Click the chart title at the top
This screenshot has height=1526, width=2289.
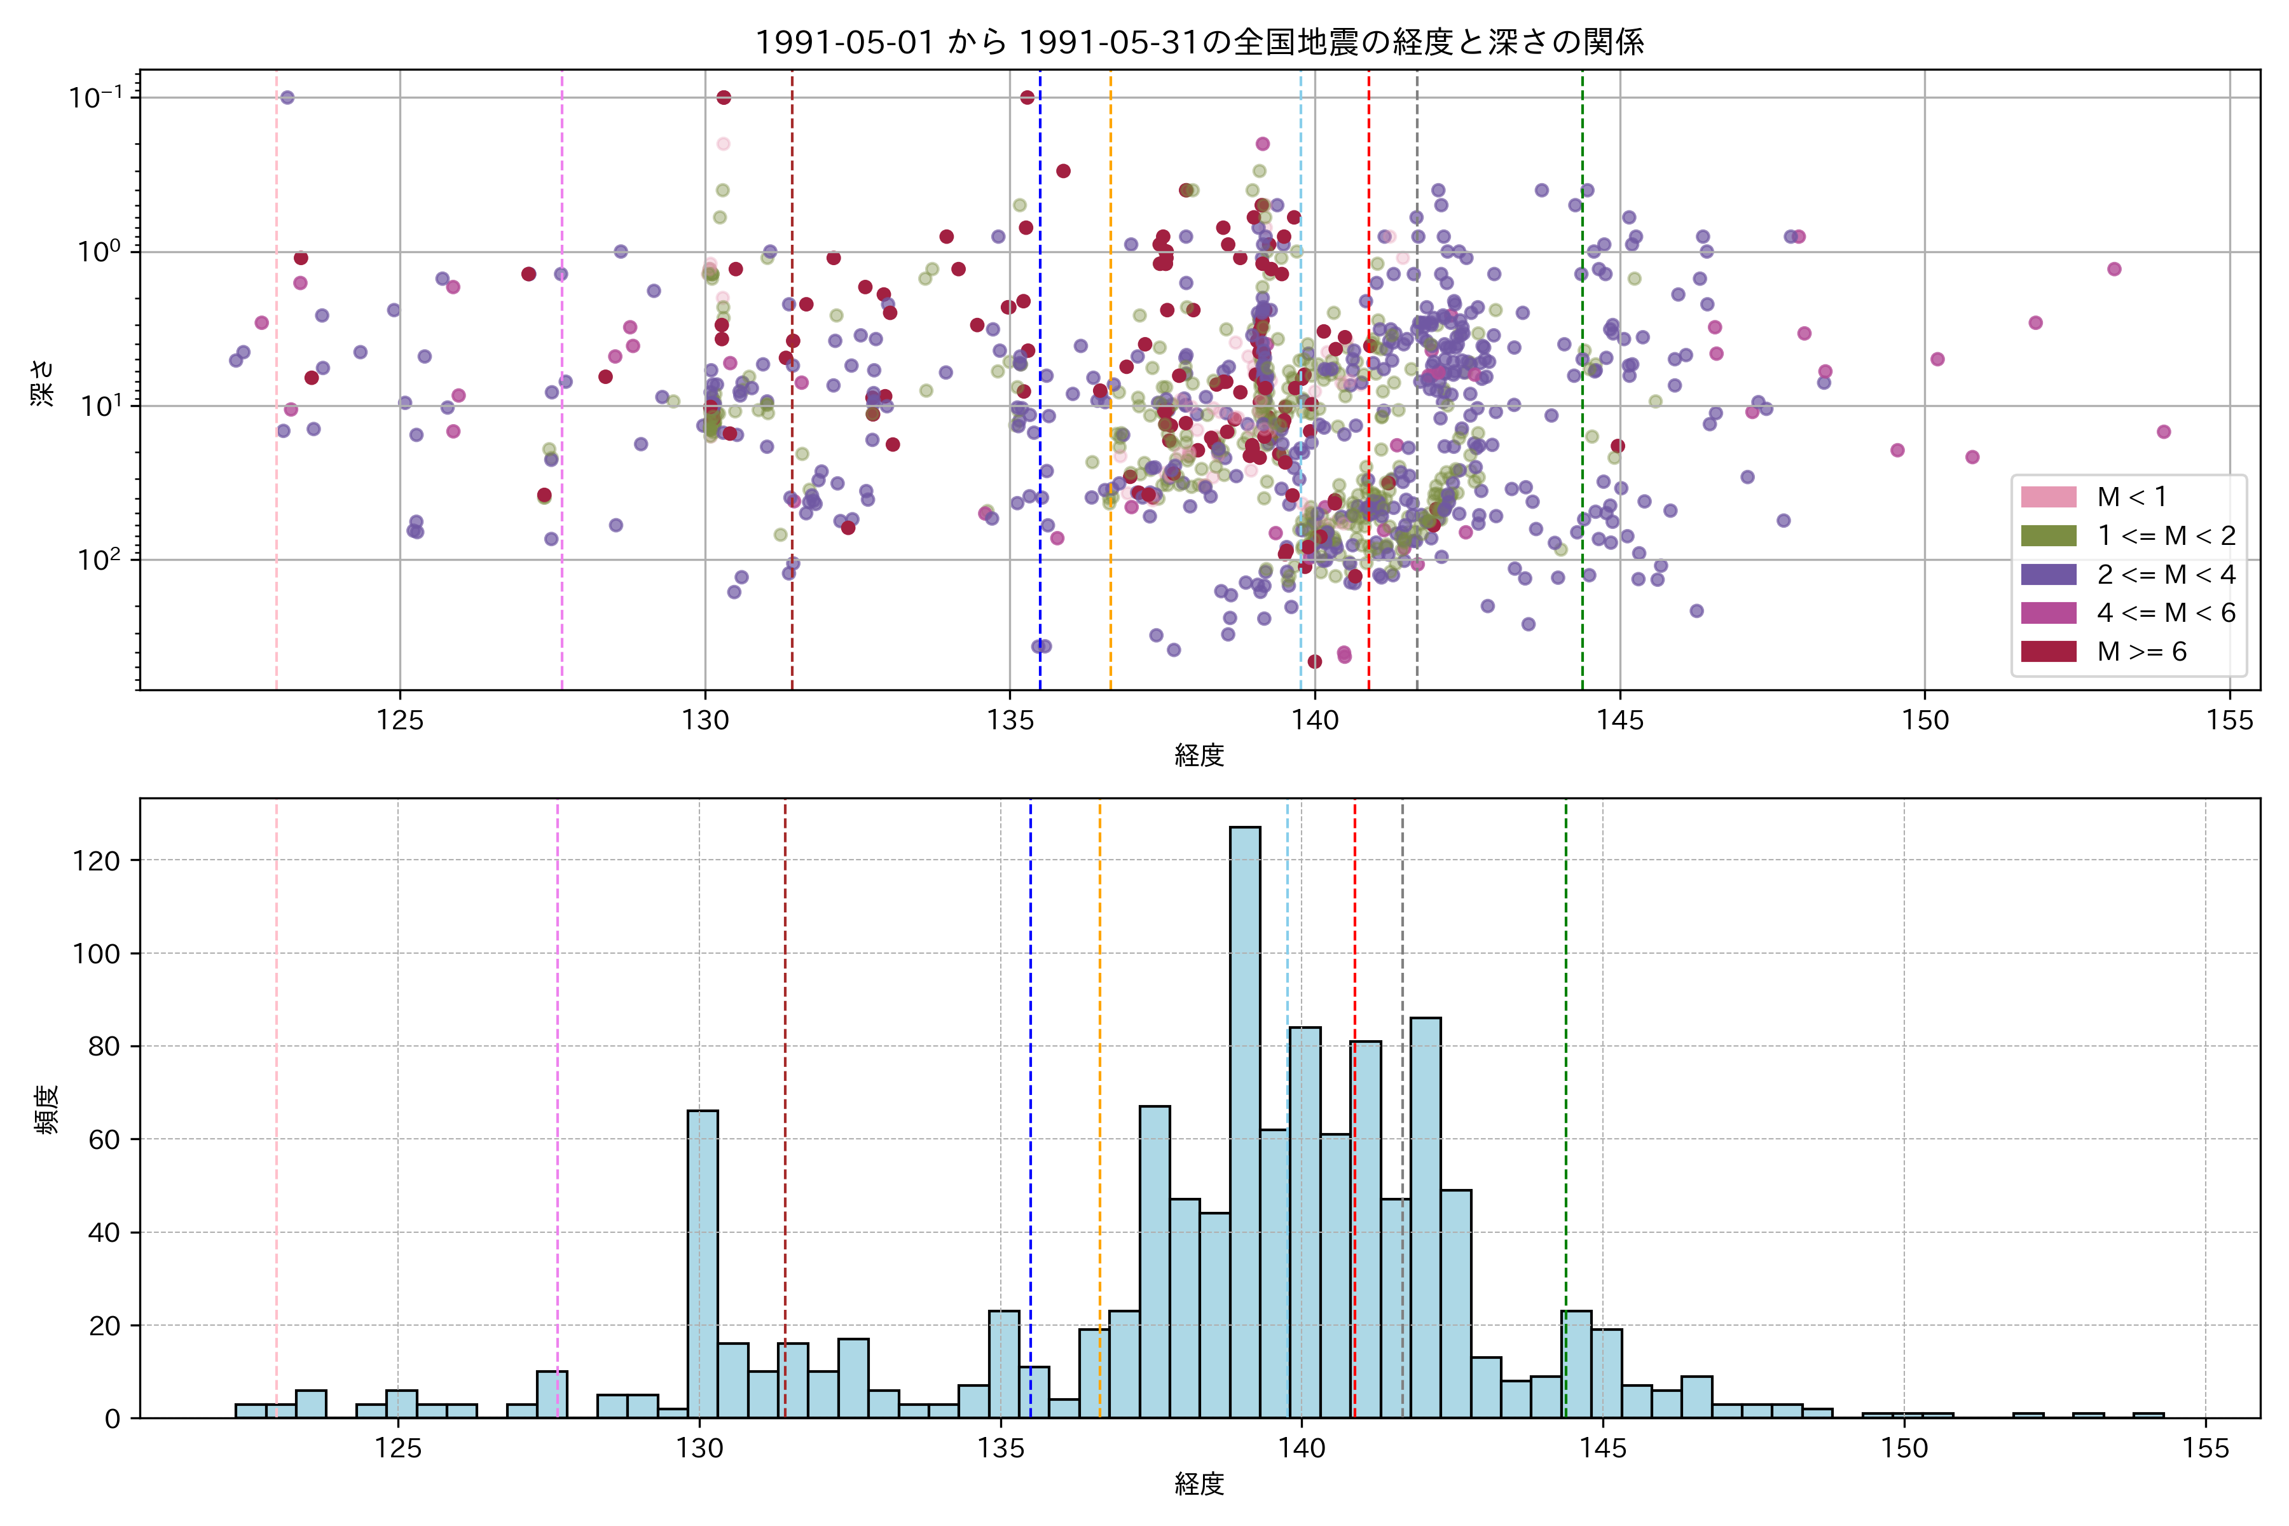[x=1199, y=42]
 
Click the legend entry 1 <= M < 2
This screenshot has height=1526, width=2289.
[x=2166, y=536]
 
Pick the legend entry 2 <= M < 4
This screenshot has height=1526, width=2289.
[x=2166, y=574]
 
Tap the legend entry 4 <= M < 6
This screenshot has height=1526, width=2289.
[x=2166, y=613]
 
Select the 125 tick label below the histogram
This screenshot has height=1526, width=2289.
[x=398, y=1448]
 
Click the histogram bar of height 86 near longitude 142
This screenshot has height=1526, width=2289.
[x=1425, y=1216]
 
